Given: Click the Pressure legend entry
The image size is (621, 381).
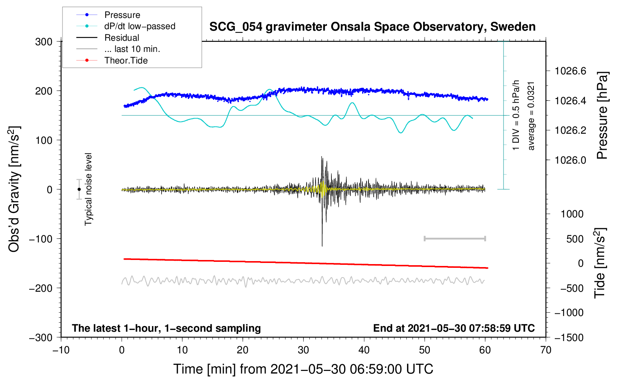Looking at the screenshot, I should point(122,15).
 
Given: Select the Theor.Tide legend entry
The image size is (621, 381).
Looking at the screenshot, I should point(126,61).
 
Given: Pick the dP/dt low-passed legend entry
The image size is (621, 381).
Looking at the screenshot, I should point(140,26).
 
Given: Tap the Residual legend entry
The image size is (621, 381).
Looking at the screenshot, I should point(122,38).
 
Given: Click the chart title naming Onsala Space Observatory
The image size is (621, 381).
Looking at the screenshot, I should point(372,27).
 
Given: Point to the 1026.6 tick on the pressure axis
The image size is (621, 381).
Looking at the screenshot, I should point(570,71).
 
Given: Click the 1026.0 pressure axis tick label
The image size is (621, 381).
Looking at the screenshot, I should point(570,160).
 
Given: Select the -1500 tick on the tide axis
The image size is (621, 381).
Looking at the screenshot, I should point(569,337).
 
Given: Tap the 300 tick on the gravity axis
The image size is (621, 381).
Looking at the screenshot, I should point(44,41).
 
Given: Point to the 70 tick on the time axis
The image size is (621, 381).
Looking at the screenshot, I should point(546,350).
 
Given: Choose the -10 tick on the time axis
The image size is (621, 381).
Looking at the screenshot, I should point(61,350).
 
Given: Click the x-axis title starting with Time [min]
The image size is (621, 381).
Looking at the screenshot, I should point(303,369).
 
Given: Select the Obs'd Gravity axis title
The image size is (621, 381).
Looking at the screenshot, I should point(14,189).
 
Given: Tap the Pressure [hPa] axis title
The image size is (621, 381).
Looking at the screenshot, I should point(602,116).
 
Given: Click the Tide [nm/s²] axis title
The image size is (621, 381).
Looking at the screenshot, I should point(600,263).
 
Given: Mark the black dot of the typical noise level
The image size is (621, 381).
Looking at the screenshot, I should point(79,189).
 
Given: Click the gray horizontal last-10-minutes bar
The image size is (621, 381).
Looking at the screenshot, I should point(455,238).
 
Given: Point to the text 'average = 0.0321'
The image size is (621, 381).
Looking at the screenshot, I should point(531,116).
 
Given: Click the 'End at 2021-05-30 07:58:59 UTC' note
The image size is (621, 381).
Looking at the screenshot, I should point(454,328).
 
